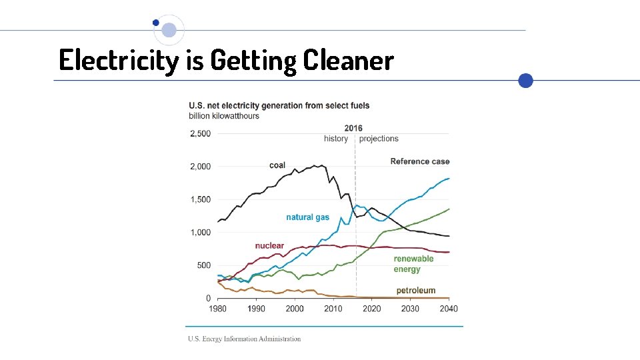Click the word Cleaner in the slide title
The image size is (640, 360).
click(x=348, y=61)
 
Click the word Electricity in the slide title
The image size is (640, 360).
click(x=119, y=61)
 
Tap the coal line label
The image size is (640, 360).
click(x=277, y=165)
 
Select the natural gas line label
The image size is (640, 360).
click(x=307, y=217)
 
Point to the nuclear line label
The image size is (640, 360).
click(x=269, y=246)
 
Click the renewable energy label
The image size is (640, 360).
click(x=413, y=264)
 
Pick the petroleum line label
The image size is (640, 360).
click(x=416, y=291)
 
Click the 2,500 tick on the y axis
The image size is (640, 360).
click(x=200, y=134)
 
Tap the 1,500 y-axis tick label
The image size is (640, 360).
click(x=200, y=200)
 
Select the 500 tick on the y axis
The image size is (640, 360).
click(x=203, y=265)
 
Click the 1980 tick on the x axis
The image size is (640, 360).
click(x=217, y=309)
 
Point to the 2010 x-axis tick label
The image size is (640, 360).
click(x=333, y=309)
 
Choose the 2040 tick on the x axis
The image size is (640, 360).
click(x=449, y=309)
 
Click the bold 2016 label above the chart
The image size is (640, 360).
click(x=353, y=128)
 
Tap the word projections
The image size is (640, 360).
click(x=379, y=139)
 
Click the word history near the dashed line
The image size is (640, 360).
click(x=336, y=139)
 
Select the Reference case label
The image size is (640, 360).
click(x=420, y=161)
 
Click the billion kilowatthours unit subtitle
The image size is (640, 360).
click(x=224, y=116)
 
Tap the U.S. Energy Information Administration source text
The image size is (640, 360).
click(x=244, y=339)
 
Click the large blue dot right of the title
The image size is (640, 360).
click(x=526, y=81)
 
